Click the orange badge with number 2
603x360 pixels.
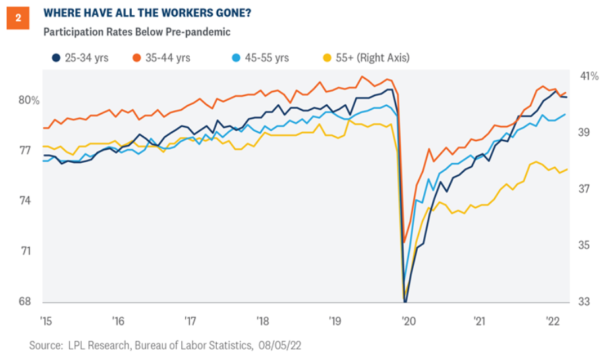(18, 18)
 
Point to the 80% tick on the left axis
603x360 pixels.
(29, 101)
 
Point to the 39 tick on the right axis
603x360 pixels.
(584, 133)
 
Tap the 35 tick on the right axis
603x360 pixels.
(584, 245)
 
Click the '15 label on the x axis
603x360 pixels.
(45, 322)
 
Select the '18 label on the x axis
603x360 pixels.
(262, 322)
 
